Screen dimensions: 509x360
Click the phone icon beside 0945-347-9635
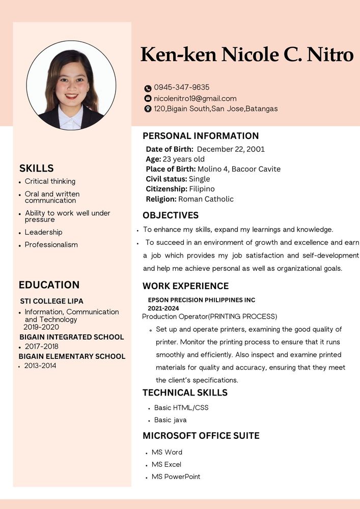tap(148, 88)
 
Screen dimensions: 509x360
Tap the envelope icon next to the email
tap(148, 98)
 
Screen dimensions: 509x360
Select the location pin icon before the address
tap(148, 108)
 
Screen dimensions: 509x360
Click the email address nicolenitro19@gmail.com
tap(195, 98)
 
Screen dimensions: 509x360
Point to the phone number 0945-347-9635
tap(181, 88)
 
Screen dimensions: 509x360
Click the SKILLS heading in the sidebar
tap(36, 168)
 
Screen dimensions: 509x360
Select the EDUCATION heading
tap(49, 285)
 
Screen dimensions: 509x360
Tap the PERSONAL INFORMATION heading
tap(201, 136)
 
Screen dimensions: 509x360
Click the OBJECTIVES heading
tap(171, 215)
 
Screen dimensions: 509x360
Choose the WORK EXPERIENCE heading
tap(185, 286)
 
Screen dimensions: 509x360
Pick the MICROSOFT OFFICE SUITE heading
tap(201, 436)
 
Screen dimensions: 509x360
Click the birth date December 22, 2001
tap(231, 149)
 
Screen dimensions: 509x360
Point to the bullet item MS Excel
tap(166, 464)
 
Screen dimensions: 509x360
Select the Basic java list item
tap(170, 420)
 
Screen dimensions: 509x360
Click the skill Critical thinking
tap(50, 181)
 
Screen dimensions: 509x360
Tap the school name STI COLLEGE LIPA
tap(51, 301)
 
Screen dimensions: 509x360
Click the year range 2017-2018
tap(41, 347)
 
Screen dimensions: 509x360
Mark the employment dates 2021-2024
tap(163, 308)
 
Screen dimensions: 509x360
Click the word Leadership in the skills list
tap(43, 232)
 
